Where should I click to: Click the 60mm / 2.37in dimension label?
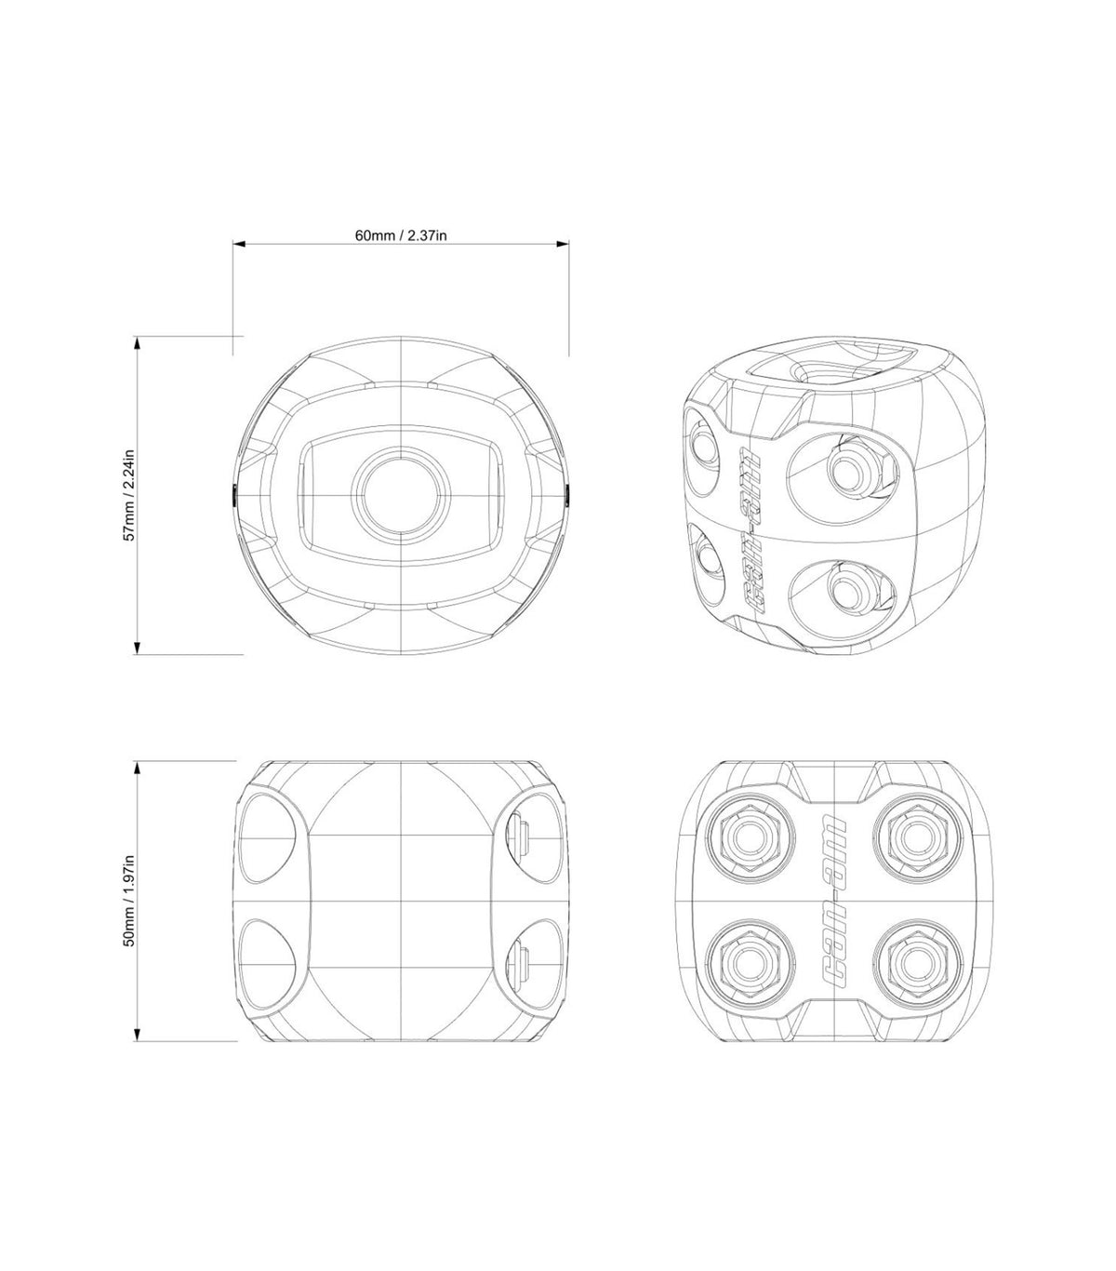click(401, 235)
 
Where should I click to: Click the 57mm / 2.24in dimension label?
click(130, 495)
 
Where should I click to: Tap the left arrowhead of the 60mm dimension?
click(239, 244)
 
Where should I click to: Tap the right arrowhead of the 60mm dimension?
click(563, 244)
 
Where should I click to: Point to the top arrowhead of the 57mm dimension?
click(138, 342)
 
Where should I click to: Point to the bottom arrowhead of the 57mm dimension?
click(138, 648)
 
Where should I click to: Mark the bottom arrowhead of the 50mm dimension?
click(138, 1035)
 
